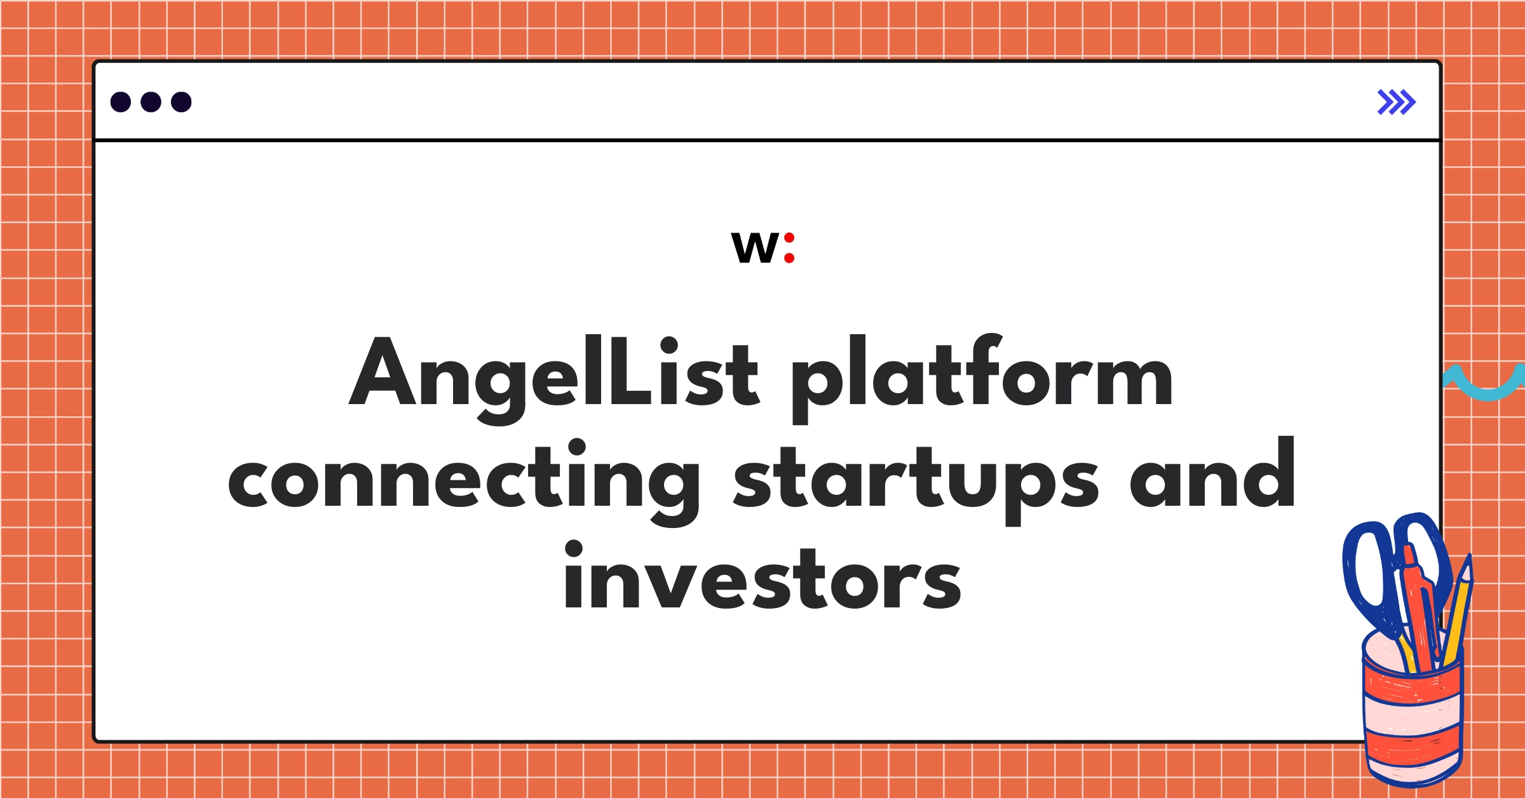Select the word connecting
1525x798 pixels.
[x=464, y=480]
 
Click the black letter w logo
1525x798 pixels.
[x=755, y=247]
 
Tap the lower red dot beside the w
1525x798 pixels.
[x=789, y=258]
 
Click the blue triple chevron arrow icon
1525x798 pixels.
[x=1396, y=102]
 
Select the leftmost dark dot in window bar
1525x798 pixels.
[x=121, y=102]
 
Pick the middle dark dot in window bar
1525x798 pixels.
[x=151, y=102]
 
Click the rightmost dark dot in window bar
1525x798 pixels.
[x=181, y=102]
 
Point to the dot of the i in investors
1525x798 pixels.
[x=574, y=550]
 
